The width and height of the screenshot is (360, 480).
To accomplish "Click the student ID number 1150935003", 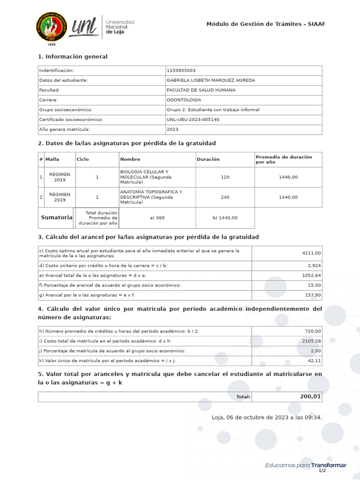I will [181, 70].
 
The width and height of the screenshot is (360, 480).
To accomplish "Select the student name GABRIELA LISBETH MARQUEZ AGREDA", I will [210, 80].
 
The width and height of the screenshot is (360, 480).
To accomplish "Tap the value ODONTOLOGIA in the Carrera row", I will [184, 100].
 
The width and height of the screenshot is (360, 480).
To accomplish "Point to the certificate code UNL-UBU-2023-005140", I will [193, 120].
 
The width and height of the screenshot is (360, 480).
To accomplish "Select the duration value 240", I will [225, 197].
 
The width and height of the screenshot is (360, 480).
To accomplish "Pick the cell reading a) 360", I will [157, 218].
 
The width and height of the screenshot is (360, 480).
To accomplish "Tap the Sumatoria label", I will [56, 217].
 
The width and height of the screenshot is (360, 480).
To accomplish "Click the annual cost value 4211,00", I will [311, 253].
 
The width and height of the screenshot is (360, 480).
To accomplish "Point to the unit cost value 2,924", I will [314, 265].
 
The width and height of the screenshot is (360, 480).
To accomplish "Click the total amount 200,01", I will [310, 397].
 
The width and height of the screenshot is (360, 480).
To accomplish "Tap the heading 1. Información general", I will [73, 57].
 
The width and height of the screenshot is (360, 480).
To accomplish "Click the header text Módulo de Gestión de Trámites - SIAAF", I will [266, 24].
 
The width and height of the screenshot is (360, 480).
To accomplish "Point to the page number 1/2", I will [322, 471].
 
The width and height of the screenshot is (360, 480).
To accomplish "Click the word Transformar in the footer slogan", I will [329, 465].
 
